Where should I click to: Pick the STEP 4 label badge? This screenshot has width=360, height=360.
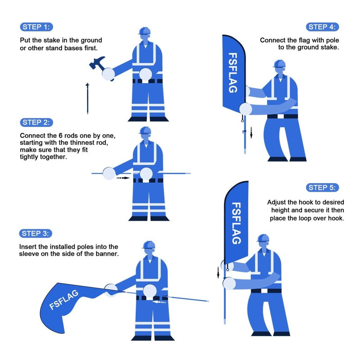(x=323, y=27)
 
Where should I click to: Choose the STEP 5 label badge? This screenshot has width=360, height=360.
(x=323, y=188)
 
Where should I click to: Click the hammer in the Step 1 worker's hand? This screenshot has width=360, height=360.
(x=98, y=64)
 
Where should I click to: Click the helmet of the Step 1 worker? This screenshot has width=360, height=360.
(x=144, y=31)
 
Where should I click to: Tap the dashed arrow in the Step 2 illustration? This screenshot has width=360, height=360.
(x=122, y=178)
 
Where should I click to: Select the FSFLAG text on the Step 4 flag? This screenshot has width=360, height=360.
(x=233, y=73)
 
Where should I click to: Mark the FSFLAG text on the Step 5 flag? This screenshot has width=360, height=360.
(x=236, y=223)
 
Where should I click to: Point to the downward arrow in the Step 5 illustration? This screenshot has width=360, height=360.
(x=219, y=272)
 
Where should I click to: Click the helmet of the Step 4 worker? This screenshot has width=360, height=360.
(x=279, y=64)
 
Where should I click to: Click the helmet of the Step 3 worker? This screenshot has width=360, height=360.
(x=148, y=245)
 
